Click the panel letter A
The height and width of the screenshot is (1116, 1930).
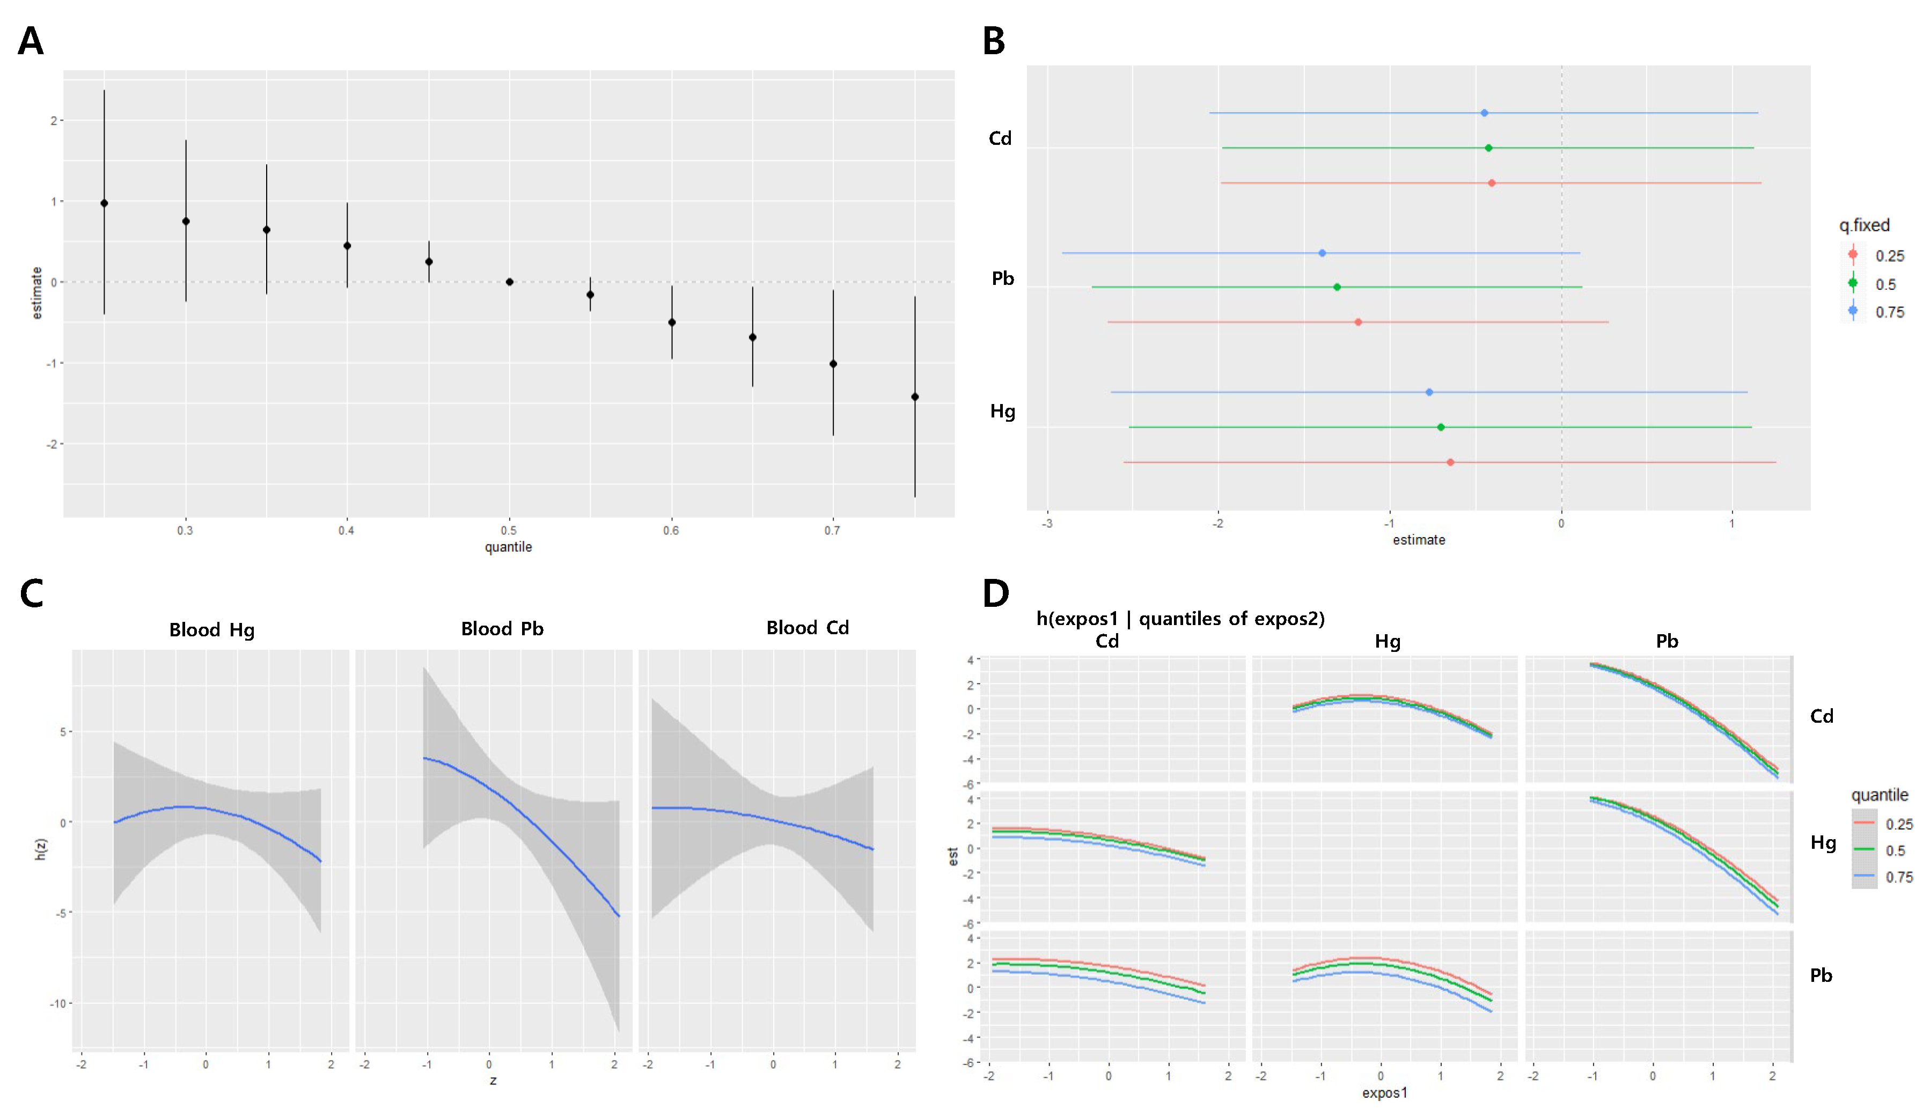point(31,41)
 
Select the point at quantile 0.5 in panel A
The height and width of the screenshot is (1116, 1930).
point(509,282)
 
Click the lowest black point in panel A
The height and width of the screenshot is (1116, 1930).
point(914,397)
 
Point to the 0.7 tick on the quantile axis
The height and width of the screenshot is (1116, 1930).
point(832,530)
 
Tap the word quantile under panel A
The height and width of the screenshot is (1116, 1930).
point(508,547)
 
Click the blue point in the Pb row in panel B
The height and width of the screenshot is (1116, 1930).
point(1322,253)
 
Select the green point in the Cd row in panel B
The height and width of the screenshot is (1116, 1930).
point(1488,148)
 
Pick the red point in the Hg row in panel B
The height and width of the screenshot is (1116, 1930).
point(1450,462)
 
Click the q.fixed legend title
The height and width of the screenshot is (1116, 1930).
point(1864,225)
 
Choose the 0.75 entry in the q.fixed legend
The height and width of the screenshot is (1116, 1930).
point(1889,312)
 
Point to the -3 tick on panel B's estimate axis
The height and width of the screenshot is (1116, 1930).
point(1046,524)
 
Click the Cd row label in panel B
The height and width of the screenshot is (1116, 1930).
point(1000,138)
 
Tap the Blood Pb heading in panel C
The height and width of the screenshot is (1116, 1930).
point(502,629)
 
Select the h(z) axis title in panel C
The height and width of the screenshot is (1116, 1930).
point(41,849)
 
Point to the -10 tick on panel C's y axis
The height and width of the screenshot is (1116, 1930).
point(57,1003)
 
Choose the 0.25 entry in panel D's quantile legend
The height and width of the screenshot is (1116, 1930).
point(1898,824)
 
